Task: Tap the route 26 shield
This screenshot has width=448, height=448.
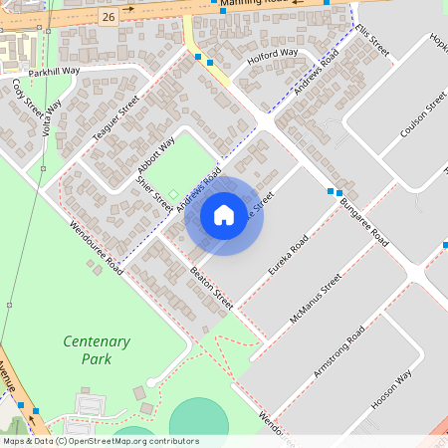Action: [x=108, y=17]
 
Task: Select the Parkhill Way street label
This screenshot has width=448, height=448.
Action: [x=54, y=72]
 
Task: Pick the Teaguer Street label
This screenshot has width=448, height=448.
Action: [x=115, y=124]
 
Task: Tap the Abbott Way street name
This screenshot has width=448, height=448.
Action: [x=155, y=158]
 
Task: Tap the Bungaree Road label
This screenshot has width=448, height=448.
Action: [x=363, y=221]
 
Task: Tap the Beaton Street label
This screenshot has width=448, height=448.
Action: [x=211, y=287]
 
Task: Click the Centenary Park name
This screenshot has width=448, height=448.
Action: [x=96, y=349]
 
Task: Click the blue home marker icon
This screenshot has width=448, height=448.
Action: [x=224, y=215]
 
